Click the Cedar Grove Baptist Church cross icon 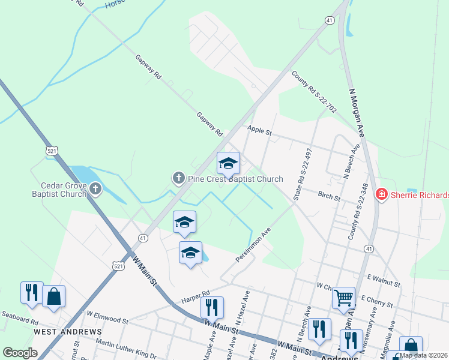pos(95,190)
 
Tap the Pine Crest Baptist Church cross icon pos(178,178)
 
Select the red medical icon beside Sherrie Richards pos(381,194)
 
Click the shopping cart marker pos(343,296)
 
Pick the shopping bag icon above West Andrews pos(53,296)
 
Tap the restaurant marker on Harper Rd pos(212,307)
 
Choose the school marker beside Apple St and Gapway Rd pos(228,163)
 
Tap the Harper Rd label pos(197,293)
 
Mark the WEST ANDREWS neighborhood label pos(67,331)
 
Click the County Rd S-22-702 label pos(314,93)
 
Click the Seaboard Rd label pos(19,314)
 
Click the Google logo pos(20,353)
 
